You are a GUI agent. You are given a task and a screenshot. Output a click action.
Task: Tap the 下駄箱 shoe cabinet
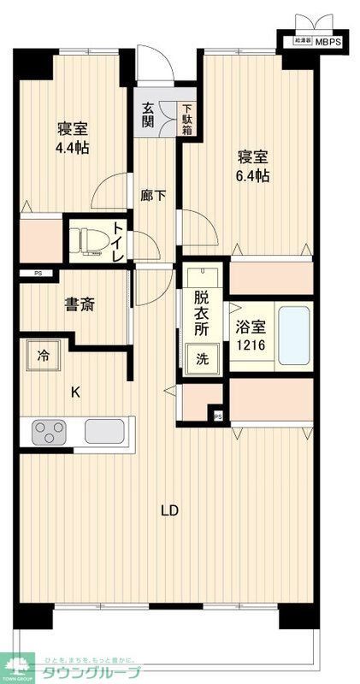pos(186,121)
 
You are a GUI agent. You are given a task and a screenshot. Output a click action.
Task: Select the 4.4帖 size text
pos(73,147)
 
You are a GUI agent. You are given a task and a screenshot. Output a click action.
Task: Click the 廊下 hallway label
pos(153,195)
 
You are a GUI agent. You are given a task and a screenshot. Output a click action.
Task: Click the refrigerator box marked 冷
pos(43,355)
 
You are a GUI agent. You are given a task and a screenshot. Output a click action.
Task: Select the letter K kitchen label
pos(75,392)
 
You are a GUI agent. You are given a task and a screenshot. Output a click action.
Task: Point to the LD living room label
pos(170,511)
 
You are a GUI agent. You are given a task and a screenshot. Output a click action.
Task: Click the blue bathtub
pos(293,334)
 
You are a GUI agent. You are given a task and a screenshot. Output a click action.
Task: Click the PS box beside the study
pos(38,274)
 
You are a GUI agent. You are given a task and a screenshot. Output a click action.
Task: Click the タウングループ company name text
pos(85,671)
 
